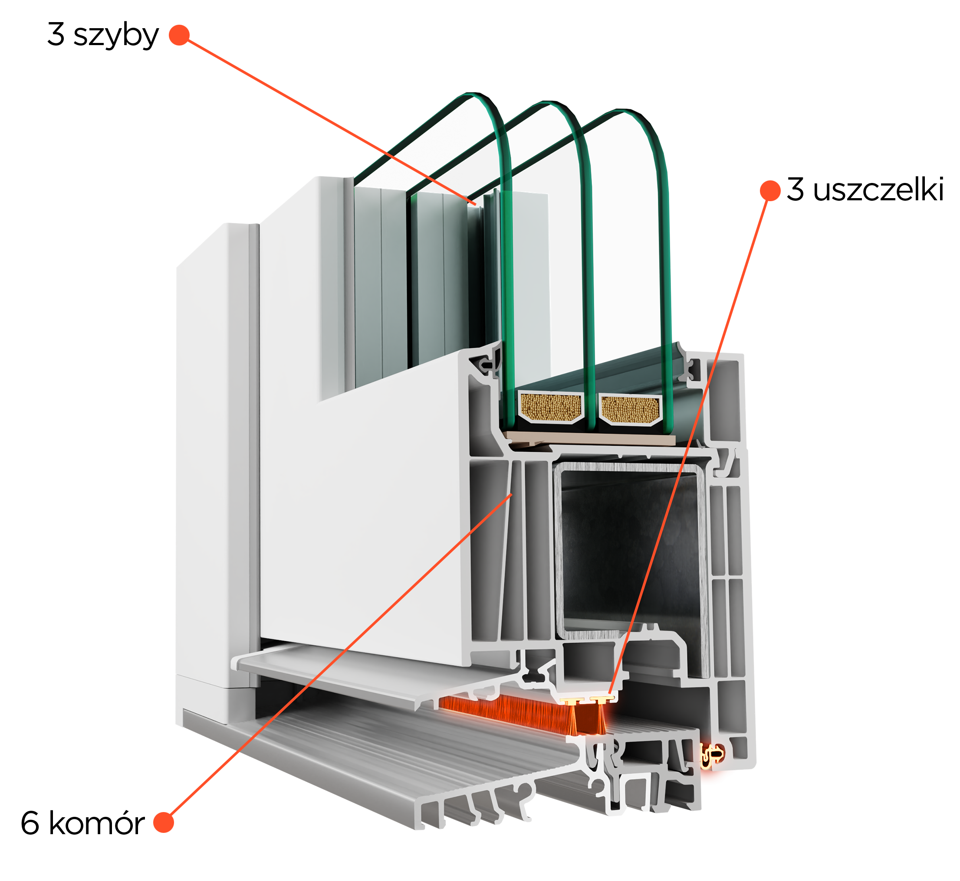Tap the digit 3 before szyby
pyautogui.click(x=56, y=34)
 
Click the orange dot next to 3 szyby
pyautogui.click(x=179, y=35)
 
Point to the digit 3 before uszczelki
pyautogui.click(x=796, y=189)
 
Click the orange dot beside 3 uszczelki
pyautogui.click(x=770, y=191)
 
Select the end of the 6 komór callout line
pyautogui.click(x=512, y=494)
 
